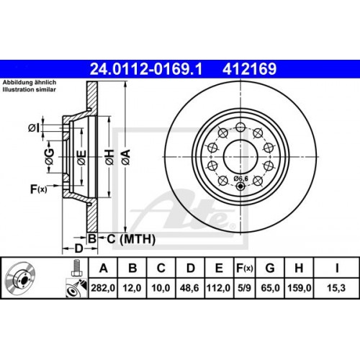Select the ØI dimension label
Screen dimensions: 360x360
(34, 128)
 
